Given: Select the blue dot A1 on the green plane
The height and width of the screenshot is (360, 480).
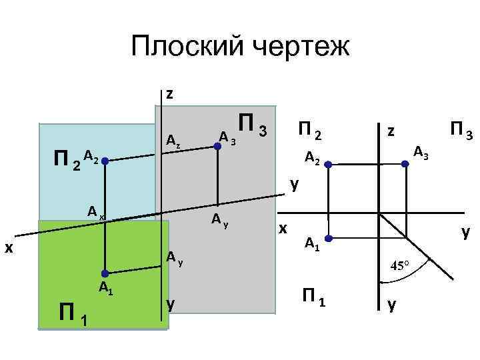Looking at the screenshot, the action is (x=105, y=273).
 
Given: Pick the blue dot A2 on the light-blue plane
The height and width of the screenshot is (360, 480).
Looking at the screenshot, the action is (x=105, y=161).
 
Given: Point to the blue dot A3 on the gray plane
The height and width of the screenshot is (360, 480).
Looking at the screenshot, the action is (x=217, y=145).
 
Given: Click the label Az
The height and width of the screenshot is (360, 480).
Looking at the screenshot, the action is (x=173, y=141).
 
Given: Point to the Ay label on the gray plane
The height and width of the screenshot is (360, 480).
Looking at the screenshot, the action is (x=220, y=219).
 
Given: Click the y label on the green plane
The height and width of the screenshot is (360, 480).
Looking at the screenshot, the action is (x=171, y=303).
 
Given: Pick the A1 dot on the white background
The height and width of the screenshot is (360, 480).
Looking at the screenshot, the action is (x=328, y=238).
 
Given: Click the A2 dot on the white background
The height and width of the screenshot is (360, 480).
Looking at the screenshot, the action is (x=328, y=162).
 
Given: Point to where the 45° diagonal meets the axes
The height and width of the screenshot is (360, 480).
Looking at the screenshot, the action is (x=379, y=215).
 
